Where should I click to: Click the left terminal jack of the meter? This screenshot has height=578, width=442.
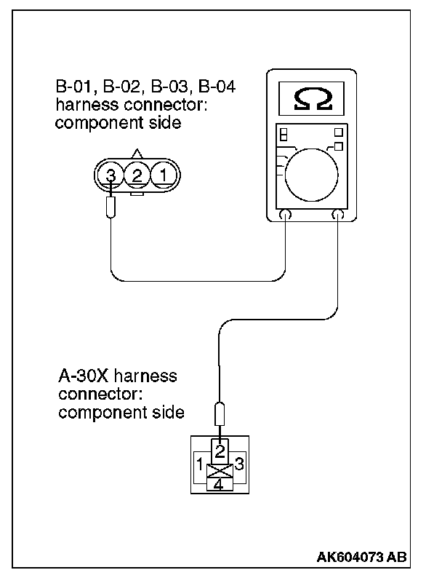click(285, 215)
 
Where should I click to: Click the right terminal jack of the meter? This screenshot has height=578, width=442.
click(338, 215)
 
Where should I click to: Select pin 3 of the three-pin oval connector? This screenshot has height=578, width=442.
click(110, 175)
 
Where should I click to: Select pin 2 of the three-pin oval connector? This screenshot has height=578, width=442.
click(137, 175)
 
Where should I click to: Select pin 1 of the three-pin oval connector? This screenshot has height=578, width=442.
click(164, 175)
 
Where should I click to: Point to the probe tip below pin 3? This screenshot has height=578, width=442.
click(110, 207)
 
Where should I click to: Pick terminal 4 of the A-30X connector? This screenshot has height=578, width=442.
click(219, 483)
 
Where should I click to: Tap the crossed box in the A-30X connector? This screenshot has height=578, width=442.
click(219, 467)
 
